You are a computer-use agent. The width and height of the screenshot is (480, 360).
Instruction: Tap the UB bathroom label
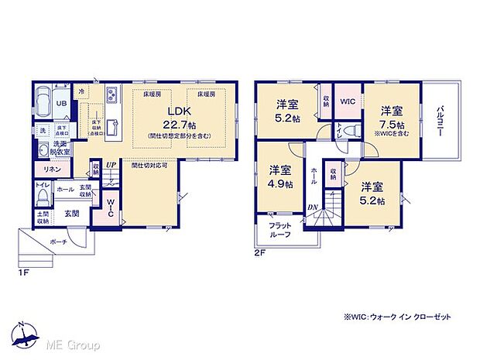tap(60, 102)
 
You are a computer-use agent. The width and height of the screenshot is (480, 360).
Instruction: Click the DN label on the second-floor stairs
tap(311, 206)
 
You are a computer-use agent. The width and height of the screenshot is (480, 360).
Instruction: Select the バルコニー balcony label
tap(437, 119)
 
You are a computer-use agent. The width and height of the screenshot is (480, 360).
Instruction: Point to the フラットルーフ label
tap(280, 230)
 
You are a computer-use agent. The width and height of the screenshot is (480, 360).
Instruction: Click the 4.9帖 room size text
tap(280, 183)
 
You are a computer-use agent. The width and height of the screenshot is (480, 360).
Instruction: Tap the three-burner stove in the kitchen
tap(111, 95)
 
